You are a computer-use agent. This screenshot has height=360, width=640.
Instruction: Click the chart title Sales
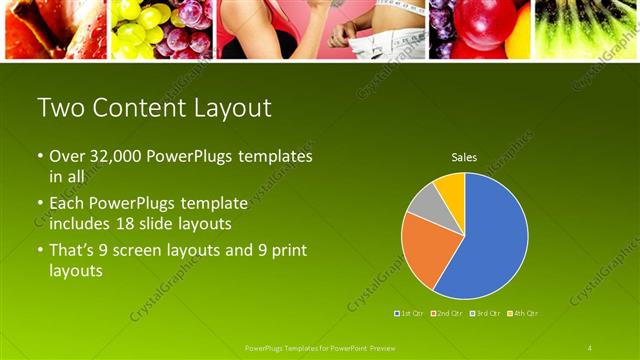[x=464, y=158]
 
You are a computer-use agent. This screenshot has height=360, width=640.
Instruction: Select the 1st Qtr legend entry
[x=410, y=314]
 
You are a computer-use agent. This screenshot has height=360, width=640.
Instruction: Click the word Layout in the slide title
[x=220, y=109]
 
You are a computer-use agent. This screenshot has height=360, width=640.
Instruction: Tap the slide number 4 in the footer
[x=590, y=348]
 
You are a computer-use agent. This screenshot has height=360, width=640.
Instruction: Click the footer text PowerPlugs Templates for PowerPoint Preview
[x=321, y=348]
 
